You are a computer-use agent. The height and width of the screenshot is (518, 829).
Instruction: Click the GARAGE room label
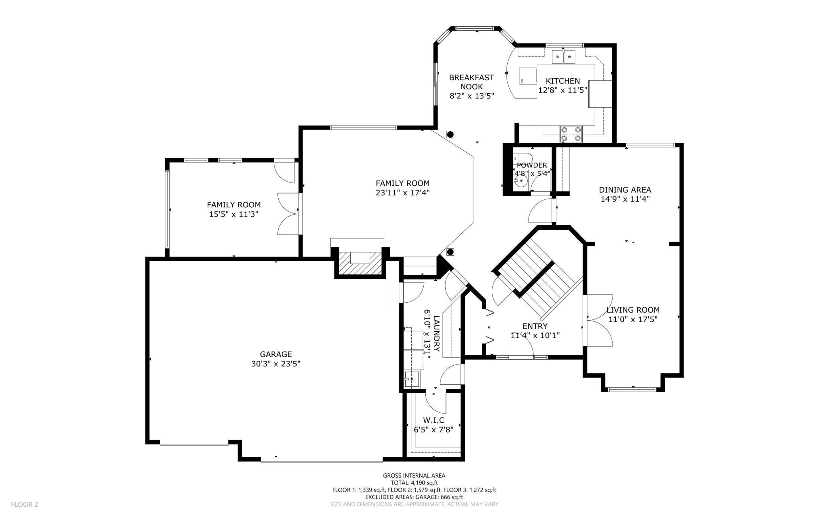pyautogui.click(x=276, y=354)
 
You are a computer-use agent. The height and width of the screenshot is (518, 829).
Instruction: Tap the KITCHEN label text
pyautogui.click(x=563, y=81)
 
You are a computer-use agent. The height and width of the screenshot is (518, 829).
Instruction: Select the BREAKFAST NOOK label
pyautogui.click(x=471, y=82)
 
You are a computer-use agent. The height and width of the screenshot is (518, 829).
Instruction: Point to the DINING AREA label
pyautogui.click(x=625, y=190)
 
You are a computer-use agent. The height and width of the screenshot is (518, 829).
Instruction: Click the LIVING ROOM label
pyautogui.click(x=633, y=309)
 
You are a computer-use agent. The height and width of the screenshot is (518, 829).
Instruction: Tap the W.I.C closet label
pyautogui.click(x=434, y=420)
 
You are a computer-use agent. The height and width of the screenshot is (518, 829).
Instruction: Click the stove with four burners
pyautogui.click(x=571, y=134)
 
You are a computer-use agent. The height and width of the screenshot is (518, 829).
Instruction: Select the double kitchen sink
pyautogui.click(x=564, y=57)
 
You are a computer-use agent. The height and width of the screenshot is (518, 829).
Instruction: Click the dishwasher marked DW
pyautogui.click(x=528, y=76)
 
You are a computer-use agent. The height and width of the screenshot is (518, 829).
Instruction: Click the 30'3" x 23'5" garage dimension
pyautogui.click(x=276, y=364)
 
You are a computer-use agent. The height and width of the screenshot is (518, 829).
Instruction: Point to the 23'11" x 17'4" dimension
pyautogui.click(x=403, y=193)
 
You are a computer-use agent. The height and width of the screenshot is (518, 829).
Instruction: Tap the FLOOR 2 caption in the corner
pyautogui.click(x=25, y=504)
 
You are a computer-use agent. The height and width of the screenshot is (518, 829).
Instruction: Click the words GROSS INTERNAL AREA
pyautogui.click(x=414, y=475)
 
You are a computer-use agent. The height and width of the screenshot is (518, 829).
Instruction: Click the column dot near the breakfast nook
pyautogui.click(x=450, y=134)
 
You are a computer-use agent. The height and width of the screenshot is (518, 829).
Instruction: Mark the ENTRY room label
pyautogui.click(x=535, y=326)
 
